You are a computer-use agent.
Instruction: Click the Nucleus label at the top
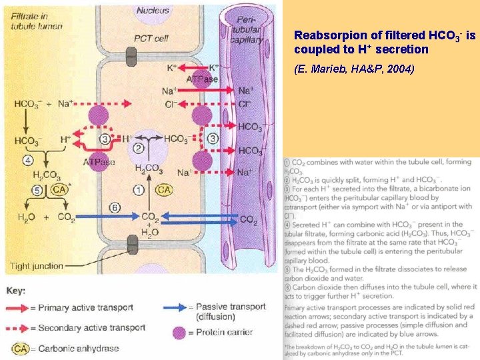point(153,10)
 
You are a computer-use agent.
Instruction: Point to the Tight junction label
point(37,265)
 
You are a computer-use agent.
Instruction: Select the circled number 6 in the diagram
point(114,208)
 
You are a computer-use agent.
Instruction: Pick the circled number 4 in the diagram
point(27,160)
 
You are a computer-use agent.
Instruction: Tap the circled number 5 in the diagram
point(37,191)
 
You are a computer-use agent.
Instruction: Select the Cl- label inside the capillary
point(245,104)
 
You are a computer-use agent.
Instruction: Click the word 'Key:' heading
point(17,291)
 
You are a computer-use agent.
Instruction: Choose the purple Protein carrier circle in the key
point(178,333)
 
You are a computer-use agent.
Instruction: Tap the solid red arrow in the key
point(27,308)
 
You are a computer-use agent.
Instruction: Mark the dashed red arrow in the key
point(27,327)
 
